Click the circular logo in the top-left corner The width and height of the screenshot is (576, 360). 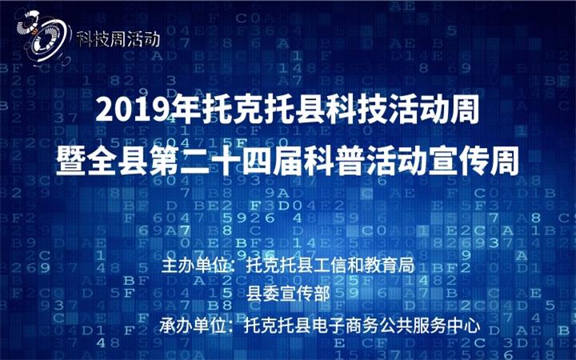(43, 37)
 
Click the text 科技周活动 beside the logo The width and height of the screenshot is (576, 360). (118, 38)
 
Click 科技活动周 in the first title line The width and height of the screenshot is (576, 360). (402, 109)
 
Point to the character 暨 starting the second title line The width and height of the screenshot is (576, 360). (70, 161)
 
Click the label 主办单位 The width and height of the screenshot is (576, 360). (194, 266)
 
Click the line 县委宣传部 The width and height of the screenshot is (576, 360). (288, 293)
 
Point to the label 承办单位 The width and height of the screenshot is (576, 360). (193, 326)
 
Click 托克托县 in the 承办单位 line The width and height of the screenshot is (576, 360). (278, 326)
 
